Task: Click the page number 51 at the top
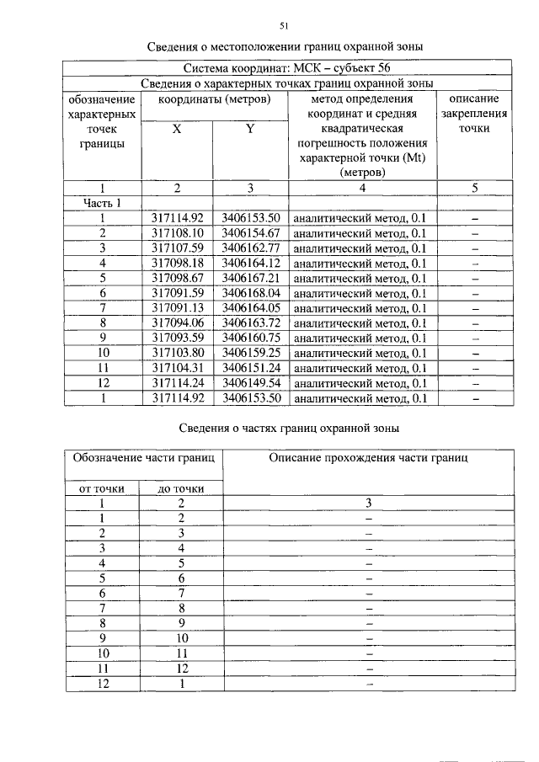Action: tap(284, 26)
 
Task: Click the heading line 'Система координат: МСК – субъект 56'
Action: tap(286, 68)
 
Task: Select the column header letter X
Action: tap(176, 129)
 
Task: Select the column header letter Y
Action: tap(250, 129)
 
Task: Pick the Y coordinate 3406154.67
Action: tap(250, 233)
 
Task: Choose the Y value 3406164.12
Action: tap(250, 264)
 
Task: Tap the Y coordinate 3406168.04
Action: tap(250, 293)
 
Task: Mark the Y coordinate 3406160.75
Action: tap(250, 338)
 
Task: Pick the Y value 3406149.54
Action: tap(250, 382)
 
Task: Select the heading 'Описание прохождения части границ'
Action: tap(369, 458)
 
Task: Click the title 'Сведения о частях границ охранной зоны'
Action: tap(289, 428)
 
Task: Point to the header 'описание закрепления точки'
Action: tap(474, 114)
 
